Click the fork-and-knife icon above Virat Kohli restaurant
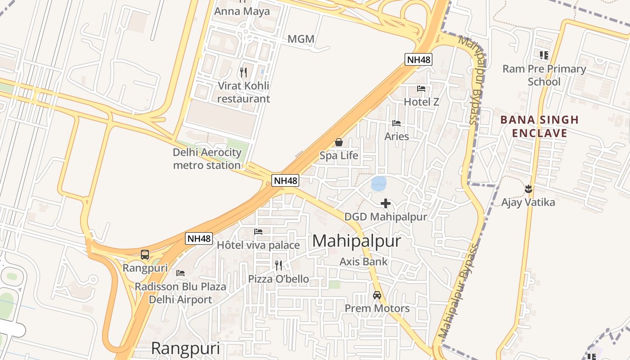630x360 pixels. click(x=243, y=72)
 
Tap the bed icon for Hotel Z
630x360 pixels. click(x=421, y=88)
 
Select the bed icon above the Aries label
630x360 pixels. click(x=396, y=123)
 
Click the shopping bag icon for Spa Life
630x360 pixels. click(x=339, y=142)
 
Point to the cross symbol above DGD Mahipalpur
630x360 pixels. click(x=386, y=203)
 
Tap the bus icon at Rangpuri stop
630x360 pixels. click(x=145, y=255)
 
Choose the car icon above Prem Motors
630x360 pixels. click(x=377, y=295)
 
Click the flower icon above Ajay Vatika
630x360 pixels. click(x=528, y=189)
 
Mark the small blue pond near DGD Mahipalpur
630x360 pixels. click(x=378, y=183)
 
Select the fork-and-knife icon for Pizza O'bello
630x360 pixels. click(x=279, y=265)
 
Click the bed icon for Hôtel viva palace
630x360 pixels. click(x=258, y=232)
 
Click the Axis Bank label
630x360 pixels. click(x=364, y=261)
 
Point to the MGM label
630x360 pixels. click(x=301, y=39)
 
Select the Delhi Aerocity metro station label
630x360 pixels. click(x=207, y=159)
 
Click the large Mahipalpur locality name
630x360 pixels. click(x=356, y=241)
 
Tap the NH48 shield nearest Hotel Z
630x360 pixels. click(x=418, y=59)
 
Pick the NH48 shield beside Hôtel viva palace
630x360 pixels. click(x=199, y=238)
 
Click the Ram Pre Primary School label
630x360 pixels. click(x=544, y=75)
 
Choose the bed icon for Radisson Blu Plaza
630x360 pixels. click(x=180, y=273)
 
